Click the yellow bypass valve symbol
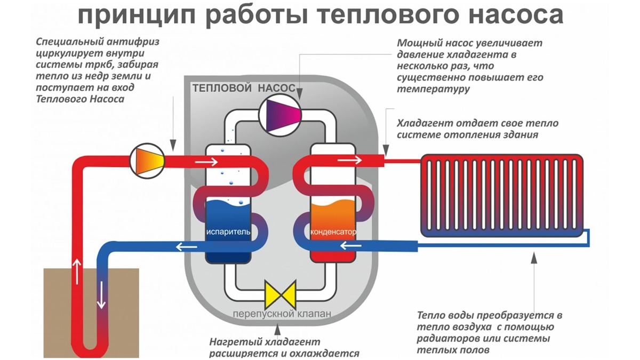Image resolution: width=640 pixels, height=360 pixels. click(x=281, y=294)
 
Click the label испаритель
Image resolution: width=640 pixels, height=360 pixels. click(x=228, y=233)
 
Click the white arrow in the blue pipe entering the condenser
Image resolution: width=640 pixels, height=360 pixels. click(x=347, y=246)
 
